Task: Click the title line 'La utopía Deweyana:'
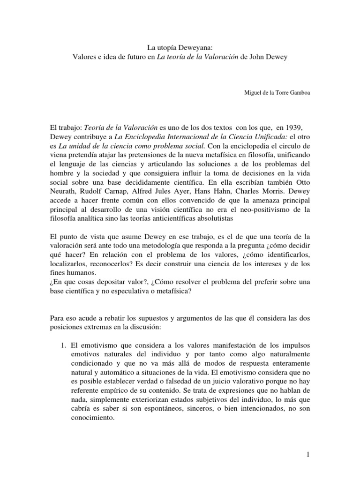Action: [180, 46]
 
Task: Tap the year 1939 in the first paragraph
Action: [300, 128]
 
